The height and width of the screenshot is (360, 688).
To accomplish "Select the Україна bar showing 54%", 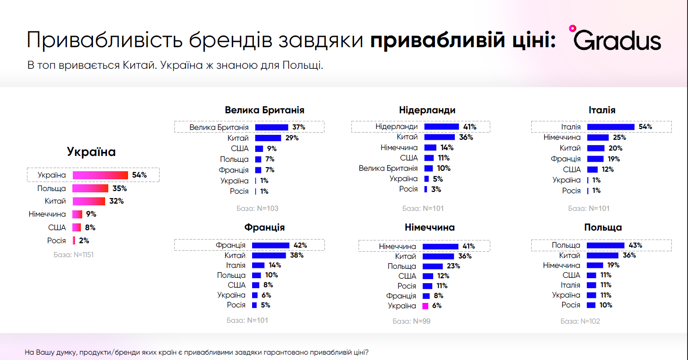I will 100,175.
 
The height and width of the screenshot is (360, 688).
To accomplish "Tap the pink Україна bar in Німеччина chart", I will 425,306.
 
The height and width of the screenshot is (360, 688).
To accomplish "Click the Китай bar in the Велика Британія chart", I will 268,138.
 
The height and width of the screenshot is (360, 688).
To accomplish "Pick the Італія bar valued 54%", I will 610,127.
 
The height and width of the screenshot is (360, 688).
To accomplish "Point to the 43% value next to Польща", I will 635,245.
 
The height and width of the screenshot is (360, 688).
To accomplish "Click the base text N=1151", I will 73,254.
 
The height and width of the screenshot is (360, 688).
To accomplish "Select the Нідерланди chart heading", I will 427,110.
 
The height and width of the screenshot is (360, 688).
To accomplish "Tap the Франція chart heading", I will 264,227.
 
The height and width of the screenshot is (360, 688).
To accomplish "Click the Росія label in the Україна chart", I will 57,240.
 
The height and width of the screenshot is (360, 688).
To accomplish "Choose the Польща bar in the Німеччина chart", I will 432,266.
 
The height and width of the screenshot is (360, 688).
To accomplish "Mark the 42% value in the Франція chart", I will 300,245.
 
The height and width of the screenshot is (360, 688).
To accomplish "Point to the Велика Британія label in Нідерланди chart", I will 388,169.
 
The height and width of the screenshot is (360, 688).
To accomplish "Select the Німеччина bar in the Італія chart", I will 598,138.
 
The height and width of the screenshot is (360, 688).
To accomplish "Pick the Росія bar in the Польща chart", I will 591,305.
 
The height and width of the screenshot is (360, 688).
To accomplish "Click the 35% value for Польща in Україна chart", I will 120,188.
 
